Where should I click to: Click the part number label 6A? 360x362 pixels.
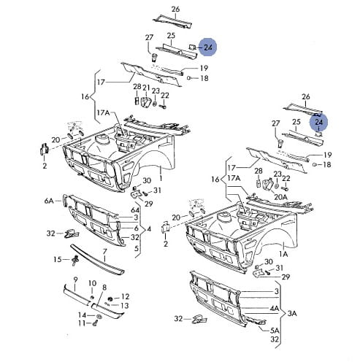[x=49, y=201]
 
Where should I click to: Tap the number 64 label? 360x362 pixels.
[x=135, y=210]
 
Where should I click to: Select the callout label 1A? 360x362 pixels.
[x=283, y=254]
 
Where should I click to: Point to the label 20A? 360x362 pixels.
[x=281, y=197]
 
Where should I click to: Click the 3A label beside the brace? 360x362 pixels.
[x=292, y=313]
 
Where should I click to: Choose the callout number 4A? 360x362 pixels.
[x=275, y=308]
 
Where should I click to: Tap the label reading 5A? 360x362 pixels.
[x=275, y=331]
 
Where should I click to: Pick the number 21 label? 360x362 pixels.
[x=146, y=88]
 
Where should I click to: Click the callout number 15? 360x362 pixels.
[x=58, y=259]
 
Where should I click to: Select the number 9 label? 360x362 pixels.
[x=75, y=280]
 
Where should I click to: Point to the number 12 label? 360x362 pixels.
[x=125, y=296]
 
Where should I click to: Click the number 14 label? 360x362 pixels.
[x=82, y=315]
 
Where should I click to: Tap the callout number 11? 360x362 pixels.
[x=82, y=323]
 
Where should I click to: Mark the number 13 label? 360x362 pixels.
[x=125, y=305]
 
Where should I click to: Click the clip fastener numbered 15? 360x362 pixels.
[x=75, y=260]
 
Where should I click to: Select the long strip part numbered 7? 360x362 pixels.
[x=97, y=260]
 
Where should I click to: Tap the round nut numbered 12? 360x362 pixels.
[x=110, y=299]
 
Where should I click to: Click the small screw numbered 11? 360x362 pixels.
[x=95, y=323]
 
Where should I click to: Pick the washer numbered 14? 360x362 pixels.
[x=99, y=316]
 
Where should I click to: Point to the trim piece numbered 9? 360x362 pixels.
[x=76, y=296]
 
